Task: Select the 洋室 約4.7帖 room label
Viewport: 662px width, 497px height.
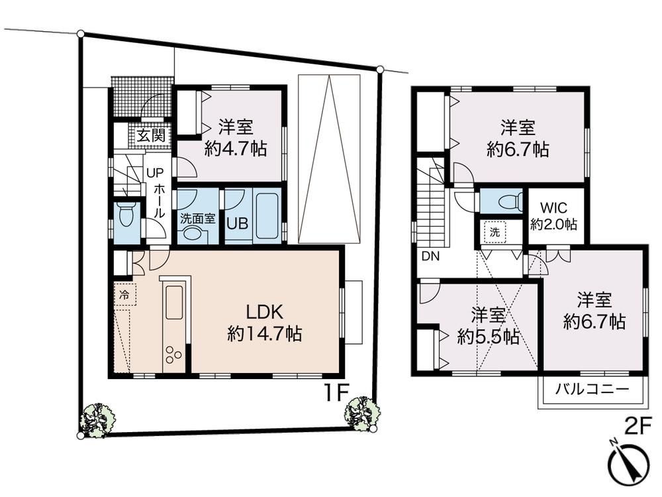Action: pyautogui.click(x=235, y=137)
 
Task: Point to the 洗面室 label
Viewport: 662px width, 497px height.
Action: pyautogui.click(x=197, y=218)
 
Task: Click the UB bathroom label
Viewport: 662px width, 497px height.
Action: pyautogui.click(x=237, y=223)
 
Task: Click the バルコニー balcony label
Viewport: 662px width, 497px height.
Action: pyautogui.click(x=591, y=389)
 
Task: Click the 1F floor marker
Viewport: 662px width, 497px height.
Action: pyautogui.click(x=336, y=393)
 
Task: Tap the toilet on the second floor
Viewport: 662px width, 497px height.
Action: pyautogui.click(x=504, y=202)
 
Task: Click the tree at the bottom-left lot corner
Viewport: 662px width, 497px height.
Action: pyautogui.click(x=97, y=419)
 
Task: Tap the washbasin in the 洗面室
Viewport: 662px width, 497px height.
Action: pyautogui.click(x=193, y=233)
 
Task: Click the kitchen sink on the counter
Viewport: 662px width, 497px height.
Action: pyautogui.click(x=175, y=302)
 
